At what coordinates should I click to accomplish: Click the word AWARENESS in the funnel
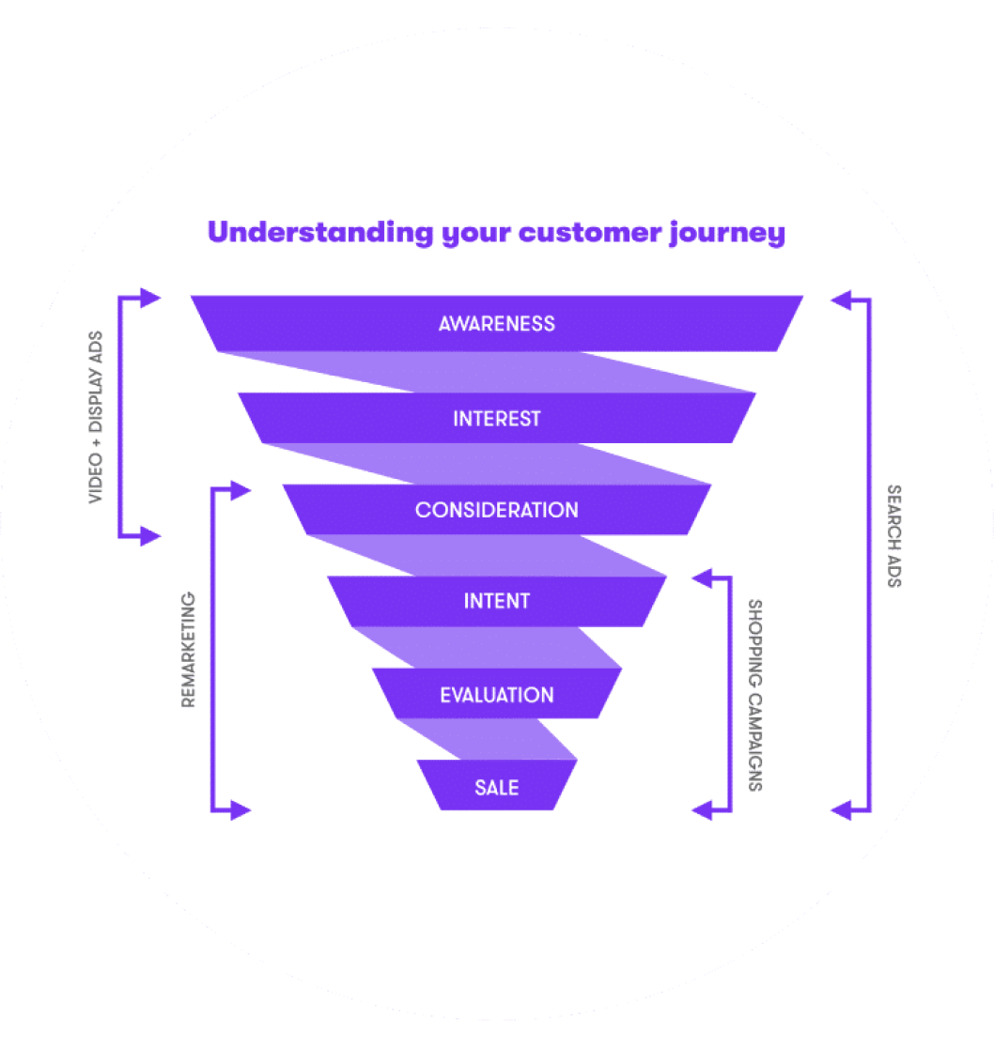pos(496,324)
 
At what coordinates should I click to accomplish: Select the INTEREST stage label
pos(496,419)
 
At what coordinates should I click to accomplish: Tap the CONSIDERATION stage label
pos(496,510)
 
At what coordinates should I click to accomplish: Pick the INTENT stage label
pos(496,601)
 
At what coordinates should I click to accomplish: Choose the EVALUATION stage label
pos(496,695)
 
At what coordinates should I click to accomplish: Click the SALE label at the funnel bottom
pos(496,788)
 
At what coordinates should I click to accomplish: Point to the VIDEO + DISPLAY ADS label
pos(96,417)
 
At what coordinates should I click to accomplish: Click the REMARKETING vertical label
pos(188,649)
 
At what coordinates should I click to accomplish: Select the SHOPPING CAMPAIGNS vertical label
pos(755,695)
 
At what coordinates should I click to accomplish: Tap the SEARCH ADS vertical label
pos(893,535)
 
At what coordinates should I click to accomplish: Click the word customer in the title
pos(588,233)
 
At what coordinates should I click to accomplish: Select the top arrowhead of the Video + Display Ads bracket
pos(150,299)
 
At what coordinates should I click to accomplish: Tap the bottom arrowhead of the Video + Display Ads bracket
pos(150,537)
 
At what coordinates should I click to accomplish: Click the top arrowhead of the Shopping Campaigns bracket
pos(702,578)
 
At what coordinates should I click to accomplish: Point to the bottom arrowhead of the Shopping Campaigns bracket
pos(702,808)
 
